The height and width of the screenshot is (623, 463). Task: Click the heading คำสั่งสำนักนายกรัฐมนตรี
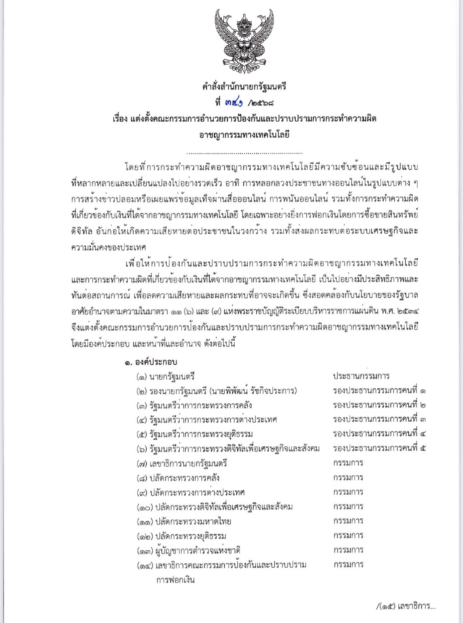click(234, 87)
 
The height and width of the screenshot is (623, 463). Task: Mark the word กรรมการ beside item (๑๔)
click(348, 564)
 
